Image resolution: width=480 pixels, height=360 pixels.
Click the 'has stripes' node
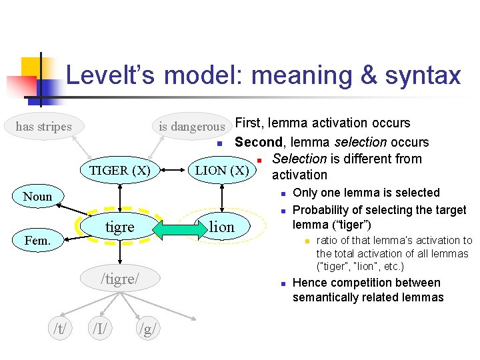click(43, 126)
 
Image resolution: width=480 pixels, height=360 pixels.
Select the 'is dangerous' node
click(191, 126)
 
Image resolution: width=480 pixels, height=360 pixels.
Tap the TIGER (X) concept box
click(120, 170)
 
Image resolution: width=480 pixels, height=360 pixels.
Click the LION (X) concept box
click(221, 170)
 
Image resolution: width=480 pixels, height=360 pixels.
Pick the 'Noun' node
click(37, 197)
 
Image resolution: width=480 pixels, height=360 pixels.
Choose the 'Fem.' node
click(37, 240)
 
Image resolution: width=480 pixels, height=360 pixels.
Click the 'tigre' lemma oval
click(120, 227)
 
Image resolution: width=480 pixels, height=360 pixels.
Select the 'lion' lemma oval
click(222, 227)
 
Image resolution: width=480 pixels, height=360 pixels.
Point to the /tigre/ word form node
click(120, 277)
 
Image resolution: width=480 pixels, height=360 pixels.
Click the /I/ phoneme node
click(101, 327)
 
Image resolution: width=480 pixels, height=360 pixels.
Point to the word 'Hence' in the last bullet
click(309, 283)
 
